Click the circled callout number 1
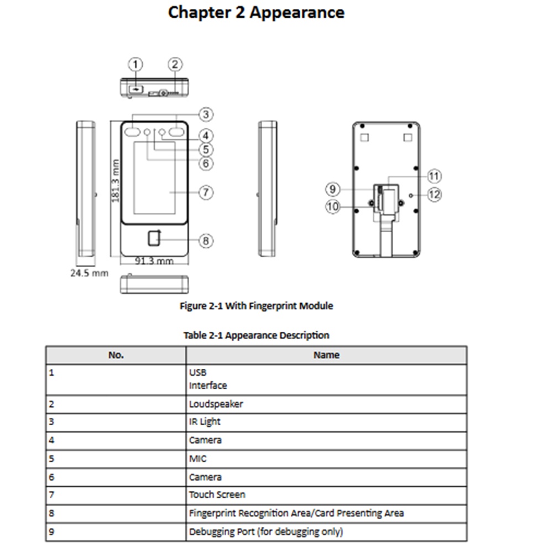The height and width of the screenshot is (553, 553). click(x=135, y=64)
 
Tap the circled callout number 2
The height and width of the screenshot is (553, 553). click(x=175, y=64)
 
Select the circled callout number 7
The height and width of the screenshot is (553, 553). click(x=205, y=192)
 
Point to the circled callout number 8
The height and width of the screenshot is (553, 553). click(x=205, y=241)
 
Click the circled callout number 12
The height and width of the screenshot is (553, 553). click(x=435, y=195)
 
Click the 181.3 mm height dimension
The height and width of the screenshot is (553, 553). click(x=116, y=181)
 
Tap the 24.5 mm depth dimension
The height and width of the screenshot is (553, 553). click(x=89, y=273)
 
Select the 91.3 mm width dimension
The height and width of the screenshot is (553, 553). click(x=154, y=260)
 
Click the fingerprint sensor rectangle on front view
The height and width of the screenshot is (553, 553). click(x=154, y=238)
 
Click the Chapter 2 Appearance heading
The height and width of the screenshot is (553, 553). click(x=256, y=12)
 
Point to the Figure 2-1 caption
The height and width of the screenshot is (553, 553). click(x=257, y=305)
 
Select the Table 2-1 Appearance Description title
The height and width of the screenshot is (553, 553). click(x=256, y=335)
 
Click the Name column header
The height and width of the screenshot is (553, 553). click(x=326, y=355)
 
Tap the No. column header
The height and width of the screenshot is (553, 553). click(x=116, y=355)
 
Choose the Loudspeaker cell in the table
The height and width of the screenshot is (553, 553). click(x=216, y=404)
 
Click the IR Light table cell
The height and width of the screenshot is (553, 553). click(x=205, y=421)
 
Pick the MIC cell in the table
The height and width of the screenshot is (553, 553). click(x=198, y=458)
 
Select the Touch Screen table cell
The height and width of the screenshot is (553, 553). click(x=217, y=494)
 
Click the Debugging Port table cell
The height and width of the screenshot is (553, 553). click(x=265, y=531)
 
